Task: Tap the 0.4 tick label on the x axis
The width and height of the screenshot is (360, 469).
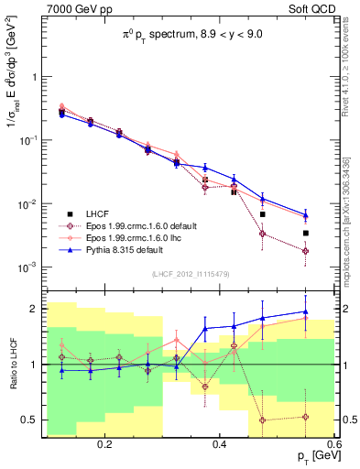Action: tap(219, 444)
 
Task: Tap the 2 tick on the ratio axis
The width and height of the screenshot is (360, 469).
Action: tap(32, 309)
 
